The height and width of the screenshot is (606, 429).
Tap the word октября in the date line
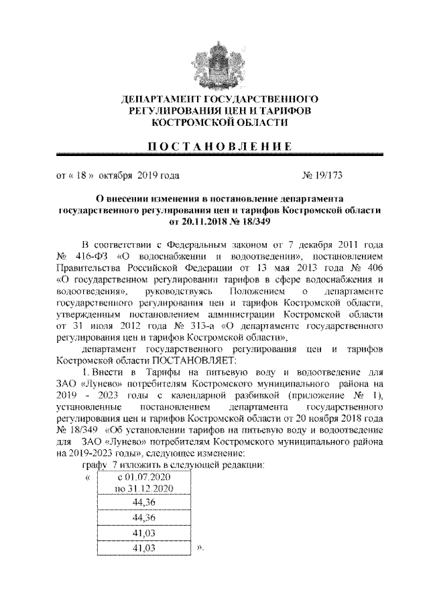[117, 177]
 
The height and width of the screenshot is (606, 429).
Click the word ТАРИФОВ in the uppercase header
[284, 110]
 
